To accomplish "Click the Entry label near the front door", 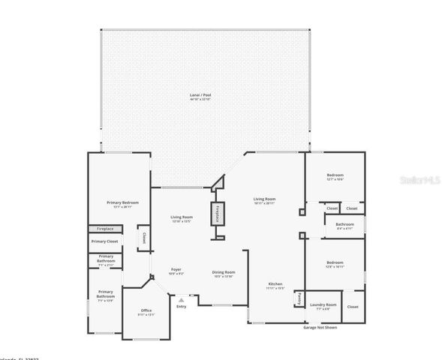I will [181, 306].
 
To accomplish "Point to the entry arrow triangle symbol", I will [181, 299].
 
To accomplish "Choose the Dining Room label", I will [224, 273].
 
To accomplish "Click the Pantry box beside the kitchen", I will [298, 298].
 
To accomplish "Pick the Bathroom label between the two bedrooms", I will [344, 225].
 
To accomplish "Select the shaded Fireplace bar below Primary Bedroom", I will [104, 229].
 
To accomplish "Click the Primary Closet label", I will [104, 241].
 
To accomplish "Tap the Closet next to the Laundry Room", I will [352, 307].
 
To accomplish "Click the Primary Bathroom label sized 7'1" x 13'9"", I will [105, 295].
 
